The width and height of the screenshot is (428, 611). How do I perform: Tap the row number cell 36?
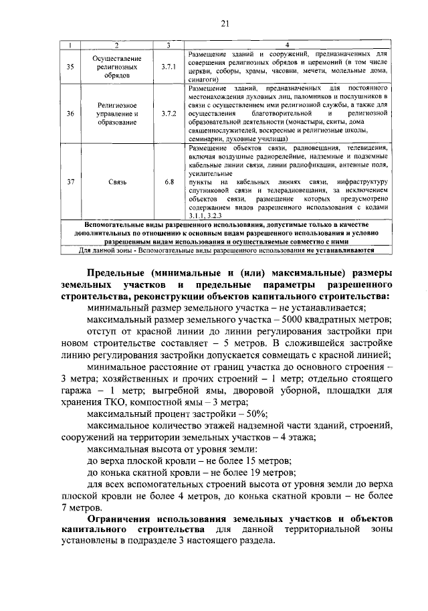71,114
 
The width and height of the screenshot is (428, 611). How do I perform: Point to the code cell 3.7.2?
169,114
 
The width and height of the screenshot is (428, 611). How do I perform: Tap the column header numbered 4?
288,45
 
